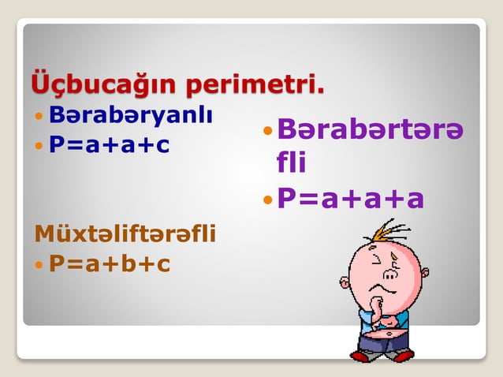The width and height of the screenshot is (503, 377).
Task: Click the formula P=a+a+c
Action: (x=110, y=146)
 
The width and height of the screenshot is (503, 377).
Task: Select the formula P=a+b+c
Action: (x=110, y=263)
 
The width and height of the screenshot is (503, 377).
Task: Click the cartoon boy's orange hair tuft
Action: (x=388, y=232)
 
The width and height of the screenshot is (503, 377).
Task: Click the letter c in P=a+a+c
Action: (x=162, y=147)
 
